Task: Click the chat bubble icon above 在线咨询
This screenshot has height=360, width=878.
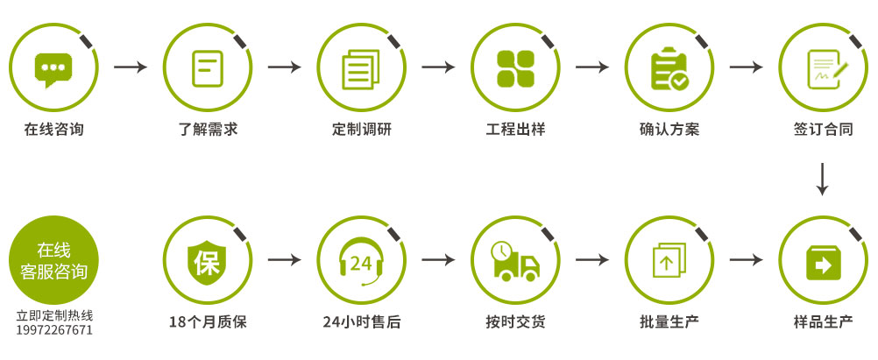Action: (53, 69)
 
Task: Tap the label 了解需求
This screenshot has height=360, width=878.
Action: (208, 130)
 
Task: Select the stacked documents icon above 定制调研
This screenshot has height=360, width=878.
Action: (361, 69)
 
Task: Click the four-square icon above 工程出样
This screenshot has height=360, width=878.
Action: (515, 68)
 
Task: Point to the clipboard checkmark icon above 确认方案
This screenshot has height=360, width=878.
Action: (669, 69)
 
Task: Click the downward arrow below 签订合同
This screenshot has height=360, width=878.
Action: (822, 180)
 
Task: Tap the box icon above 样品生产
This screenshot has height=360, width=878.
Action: (824, 262)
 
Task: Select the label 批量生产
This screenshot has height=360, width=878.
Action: (669, 322)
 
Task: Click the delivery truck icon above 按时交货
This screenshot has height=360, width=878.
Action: (515, 261)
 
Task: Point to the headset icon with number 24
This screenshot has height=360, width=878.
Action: (362, 262)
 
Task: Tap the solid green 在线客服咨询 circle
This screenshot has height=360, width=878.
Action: (53, 260)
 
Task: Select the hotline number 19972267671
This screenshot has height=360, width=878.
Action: (54, 330)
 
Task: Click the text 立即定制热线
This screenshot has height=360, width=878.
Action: (54, 316)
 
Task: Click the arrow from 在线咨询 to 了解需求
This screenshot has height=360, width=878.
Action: (131, 67)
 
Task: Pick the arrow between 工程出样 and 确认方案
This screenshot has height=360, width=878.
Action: (592, 67)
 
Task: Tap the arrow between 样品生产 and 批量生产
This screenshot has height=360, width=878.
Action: (747, 260)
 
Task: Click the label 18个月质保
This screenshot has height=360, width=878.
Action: (208, 322)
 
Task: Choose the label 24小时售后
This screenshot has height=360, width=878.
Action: (362, 322)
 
